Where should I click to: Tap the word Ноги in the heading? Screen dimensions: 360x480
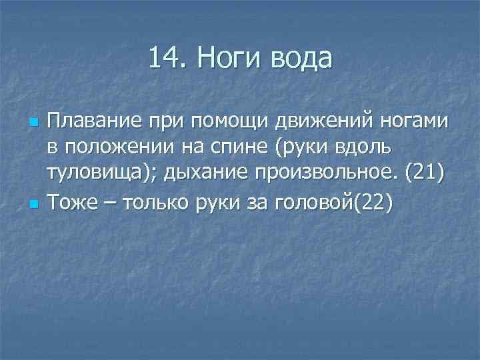pos(227,59)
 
